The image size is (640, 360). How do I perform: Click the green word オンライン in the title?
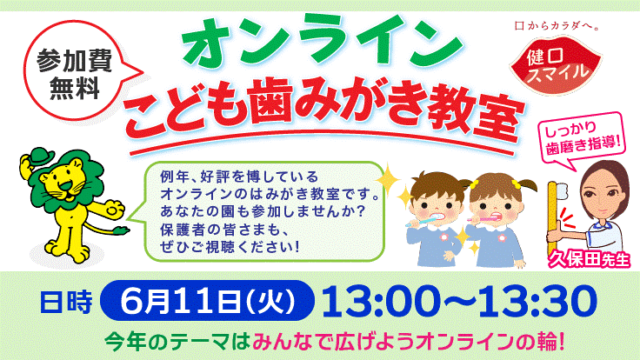[x=323, y=42]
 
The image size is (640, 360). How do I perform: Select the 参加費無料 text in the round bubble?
[x=74, y=74]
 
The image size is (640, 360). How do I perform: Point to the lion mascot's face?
[x=65, y=182]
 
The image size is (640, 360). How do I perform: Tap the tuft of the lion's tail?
[x=121, y=230]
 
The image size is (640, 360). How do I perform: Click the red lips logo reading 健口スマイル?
[x=555, y=64]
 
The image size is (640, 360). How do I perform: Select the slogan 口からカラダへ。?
[x=557, y=26]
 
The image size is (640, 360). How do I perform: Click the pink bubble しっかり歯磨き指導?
[x=582, y=137]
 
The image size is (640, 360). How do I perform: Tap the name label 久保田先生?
[x=589, y=260]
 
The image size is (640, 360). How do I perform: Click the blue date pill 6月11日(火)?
[x=207, y=301]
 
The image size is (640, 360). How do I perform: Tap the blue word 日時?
[x=66, y=302]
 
